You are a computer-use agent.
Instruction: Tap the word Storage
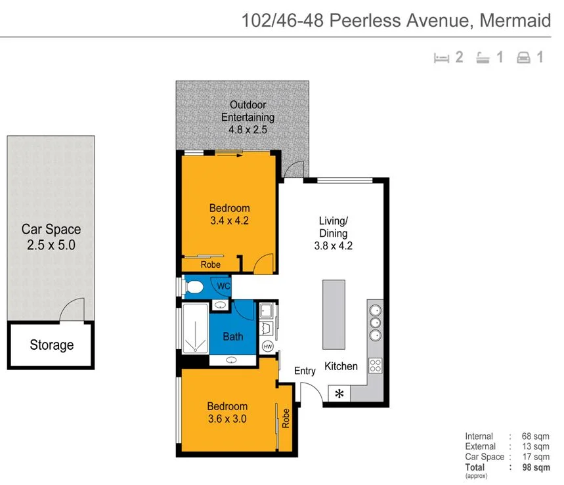coord(52,345)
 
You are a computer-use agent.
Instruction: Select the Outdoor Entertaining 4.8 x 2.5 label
coord(248,117)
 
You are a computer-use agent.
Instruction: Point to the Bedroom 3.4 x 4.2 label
coord(228,215)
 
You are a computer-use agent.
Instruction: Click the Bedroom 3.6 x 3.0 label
coord(227,412)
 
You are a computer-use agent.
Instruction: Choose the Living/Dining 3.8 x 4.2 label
coord(333,234)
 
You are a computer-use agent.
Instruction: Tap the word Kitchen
coord(341,366)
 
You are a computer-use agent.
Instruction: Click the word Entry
coord(305,371)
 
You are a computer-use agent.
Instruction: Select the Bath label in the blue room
coord(233,337)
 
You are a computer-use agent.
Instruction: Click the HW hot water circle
coord(268,347)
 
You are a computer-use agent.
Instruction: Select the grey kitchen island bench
coord(333,316)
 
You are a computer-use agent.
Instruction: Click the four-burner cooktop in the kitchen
coord(376,366)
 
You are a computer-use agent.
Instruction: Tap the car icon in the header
coord(523,58)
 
